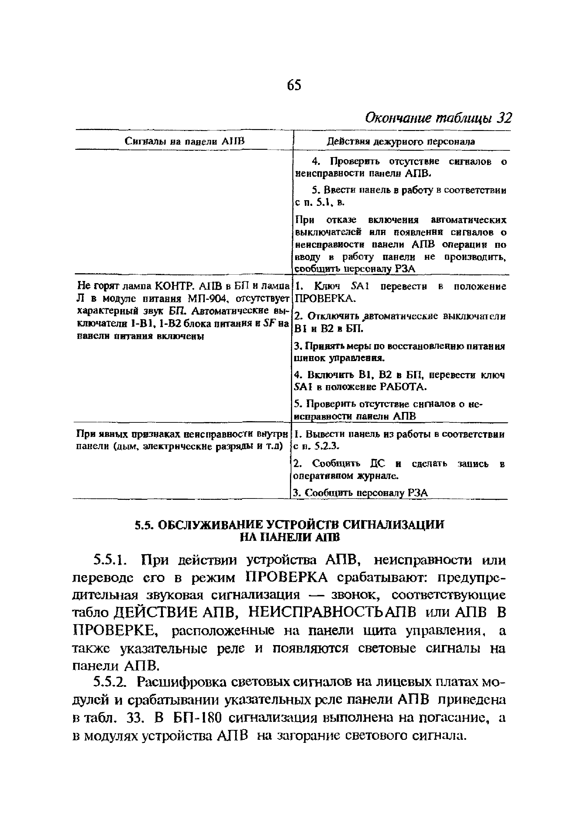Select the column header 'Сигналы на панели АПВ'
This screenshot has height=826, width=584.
pyautogui.click(x=184, y=141)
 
